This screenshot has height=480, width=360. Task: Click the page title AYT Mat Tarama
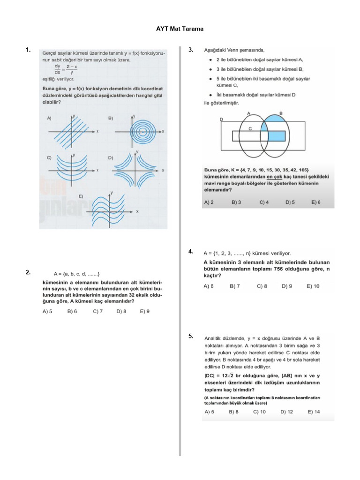[x=180, y=29]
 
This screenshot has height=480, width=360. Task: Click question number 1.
[x=28, y=50]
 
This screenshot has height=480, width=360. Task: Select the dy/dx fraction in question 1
[x=57, y=69]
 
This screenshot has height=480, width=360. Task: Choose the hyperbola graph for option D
[x=136, y=170]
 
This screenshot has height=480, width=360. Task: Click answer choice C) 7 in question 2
[x=98, y=311]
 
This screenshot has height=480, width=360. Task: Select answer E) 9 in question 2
[x=145, y=311]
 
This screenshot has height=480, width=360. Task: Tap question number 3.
[x=191, y=50]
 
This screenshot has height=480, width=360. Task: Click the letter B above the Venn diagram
[x=281, y=113]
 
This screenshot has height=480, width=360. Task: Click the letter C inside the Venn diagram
[x=250, y=128]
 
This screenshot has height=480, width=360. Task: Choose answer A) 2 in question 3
[x=209, y=203]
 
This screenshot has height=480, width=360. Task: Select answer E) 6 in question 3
[x=316, y=203]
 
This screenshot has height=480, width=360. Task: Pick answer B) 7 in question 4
[x=235, y=286]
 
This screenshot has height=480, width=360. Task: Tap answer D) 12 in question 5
[x=287, y=412]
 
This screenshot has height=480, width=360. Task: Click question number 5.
[x=191, y=336]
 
